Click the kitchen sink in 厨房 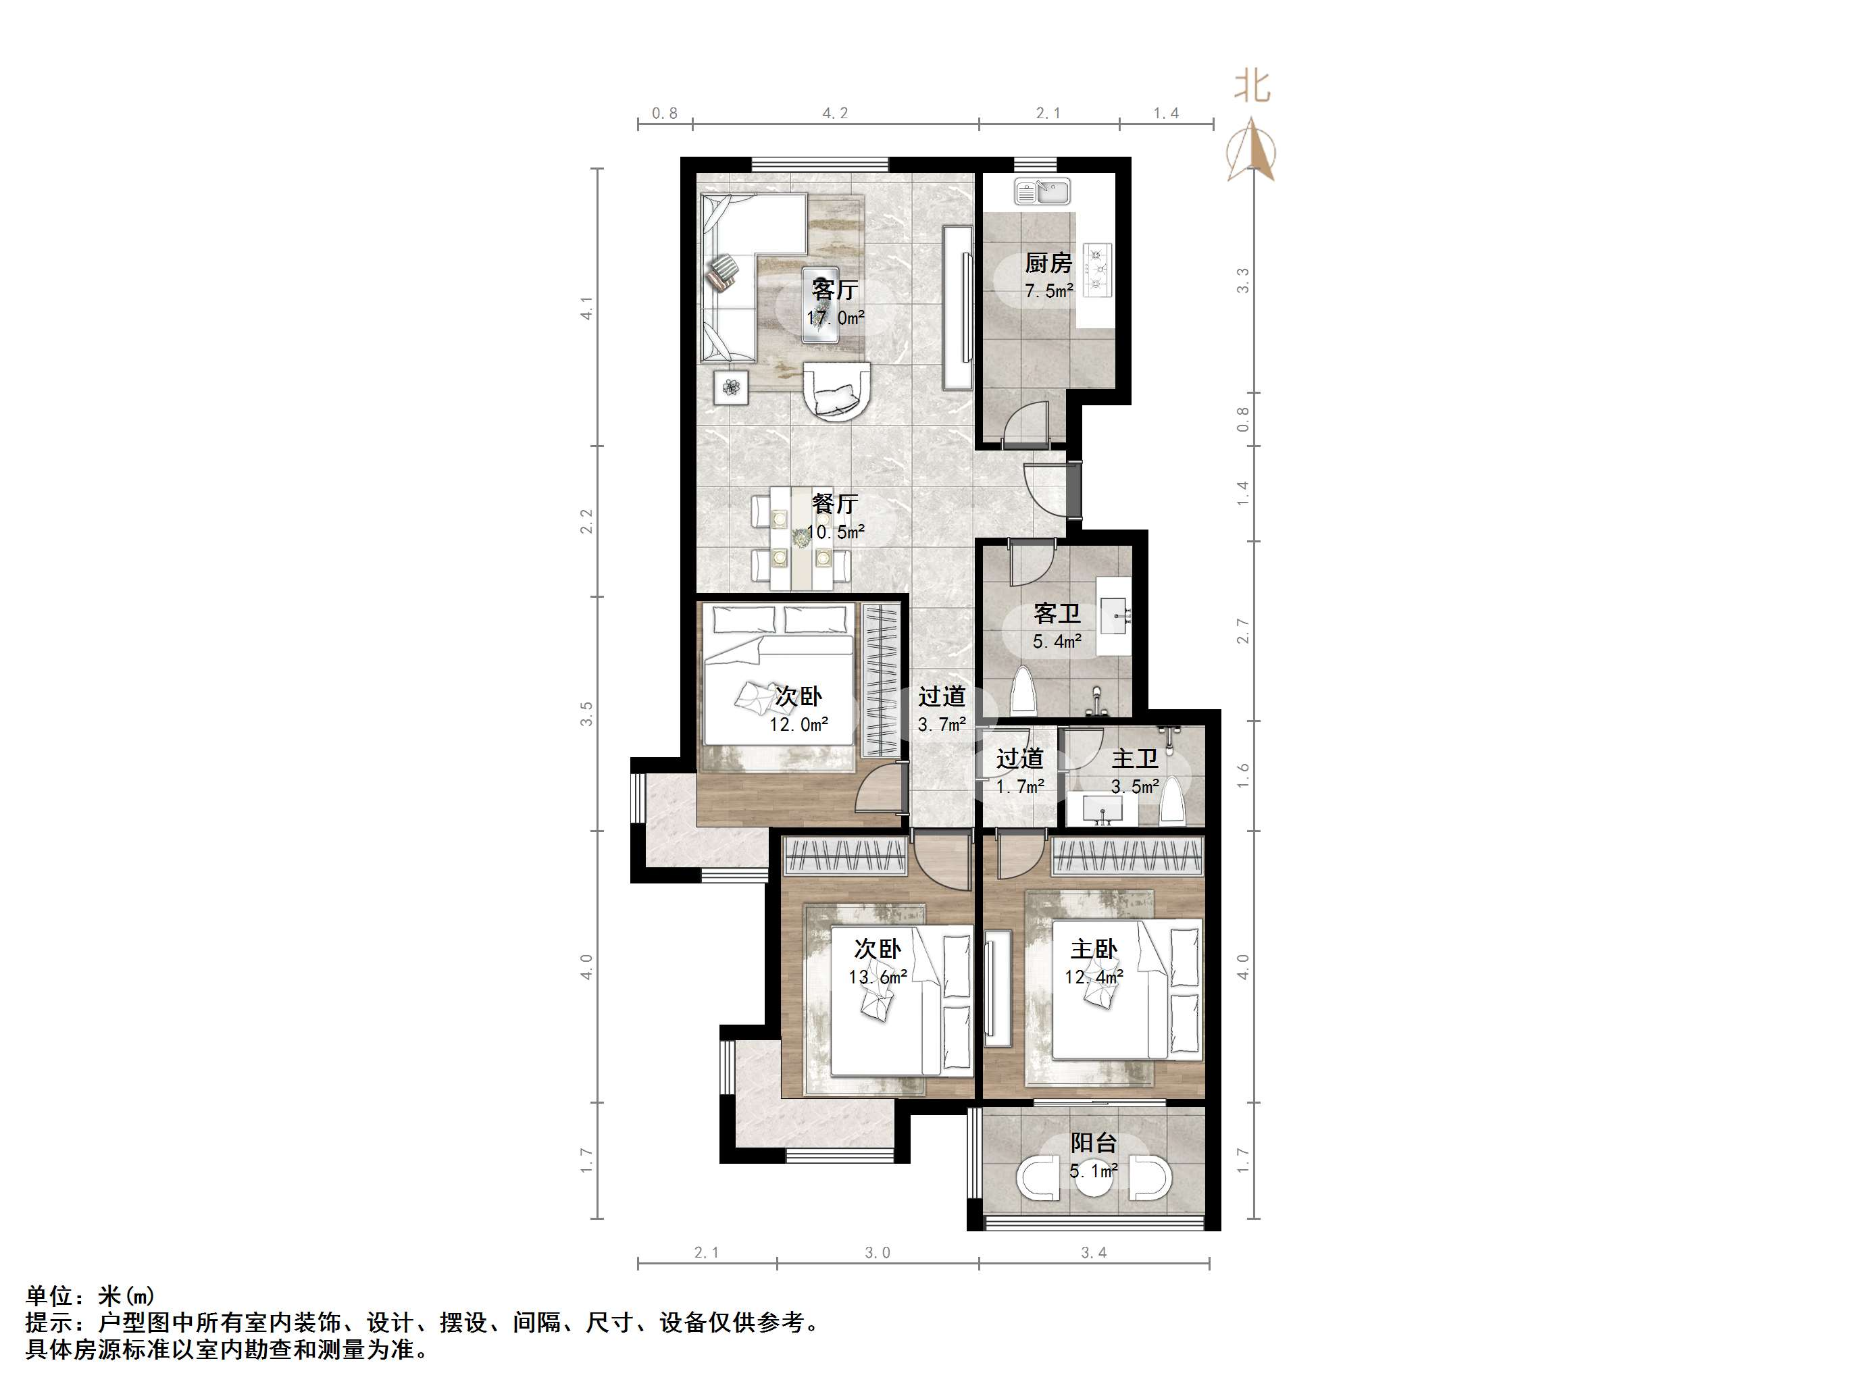point(1042,192)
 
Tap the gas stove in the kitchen point(1097,269)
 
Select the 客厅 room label point(834,290)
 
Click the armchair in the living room point(837,390)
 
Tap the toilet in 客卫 point(1023,691)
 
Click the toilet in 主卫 point(1173,802)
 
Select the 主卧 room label point(1094,950)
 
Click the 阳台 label point(1094,1143)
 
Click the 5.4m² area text point(1057,642)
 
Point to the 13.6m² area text point(878,977)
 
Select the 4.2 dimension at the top point(835,113)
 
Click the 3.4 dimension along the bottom point(1094,1252)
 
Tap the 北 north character point(1252,86)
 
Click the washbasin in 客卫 point(1115,617)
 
